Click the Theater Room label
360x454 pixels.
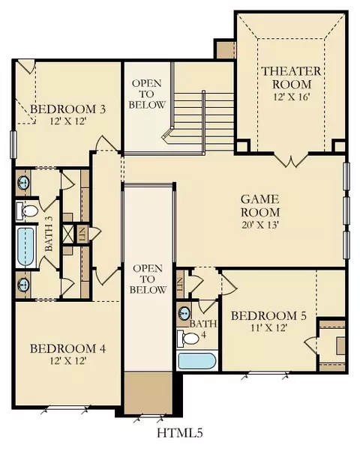click(x=291, y=78)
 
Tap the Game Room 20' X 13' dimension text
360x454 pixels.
click(x=260, y=225)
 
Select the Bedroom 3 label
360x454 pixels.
click(x=67, y=109)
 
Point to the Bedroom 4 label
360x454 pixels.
click(x=67, y=348)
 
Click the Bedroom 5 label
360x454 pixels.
click(x=268, y=315)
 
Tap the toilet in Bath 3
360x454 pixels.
click(x=27, y=211)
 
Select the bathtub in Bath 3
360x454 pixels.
click(x=25, y=246)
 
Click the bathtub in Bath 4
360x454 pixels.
click(x=196, y=361)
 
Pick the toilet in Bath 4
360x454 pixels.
click(x=187, y=338)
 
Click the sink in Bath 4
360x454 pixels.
click(x=184, y=312)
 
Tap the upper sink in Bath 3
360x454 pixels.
click(x=23, y=182)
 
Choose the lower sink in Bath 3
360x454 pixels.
click(x=23, y=285)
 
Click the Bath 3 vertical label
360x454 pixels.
click(x=49, y=237)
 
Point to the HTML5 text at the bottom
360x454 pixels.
click(x=180, y=433)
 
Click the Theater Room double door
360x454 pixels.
click(x=292, y=160)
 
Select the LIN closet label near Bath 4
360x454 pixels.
click(x=180, y=283)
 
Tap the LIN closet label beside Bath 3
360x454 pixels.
click(x=82, y=234)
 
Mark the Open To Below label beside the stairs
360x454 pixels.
click(x=147, y=94)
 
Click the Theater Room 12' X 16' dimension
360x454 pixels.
click(x=291, y=97)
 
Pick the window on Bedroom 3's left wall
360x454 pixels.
click(x=13, y=145)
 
